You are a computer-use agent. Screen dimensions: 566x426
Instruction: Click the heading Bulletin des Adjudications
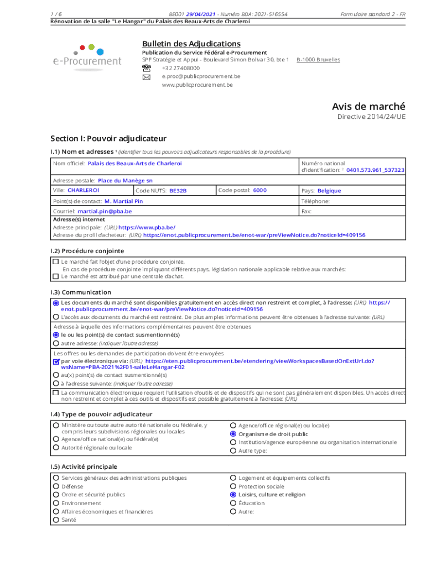191,44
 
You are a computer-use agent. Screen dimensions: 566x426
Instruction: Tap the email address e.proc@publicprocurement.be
201,76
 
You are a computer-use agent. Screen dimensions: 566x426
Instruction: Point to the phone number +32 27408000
181,68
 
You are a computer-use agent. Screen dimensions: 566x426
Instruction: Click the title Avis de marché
368,106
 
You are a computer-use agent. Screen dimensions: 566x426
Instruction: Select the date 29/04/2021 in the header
201,13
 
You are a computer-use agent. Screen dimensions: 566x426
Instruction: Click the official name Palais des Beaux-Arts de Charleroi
134,164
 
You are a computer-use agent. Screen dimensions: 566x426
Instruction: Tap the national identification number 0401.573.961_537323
375,170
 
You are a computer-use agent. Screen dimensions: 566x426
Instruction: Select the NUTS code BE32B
178,191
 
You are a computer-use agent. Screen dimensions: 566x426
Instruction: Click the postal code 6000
259,190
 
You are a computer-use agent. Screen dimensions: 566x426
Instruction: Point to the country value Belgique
329,191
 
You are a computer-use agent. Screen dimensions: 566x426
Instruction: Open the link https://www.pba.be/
147,227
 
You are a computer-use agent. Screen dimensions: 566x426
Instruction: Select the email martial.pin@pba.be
105,211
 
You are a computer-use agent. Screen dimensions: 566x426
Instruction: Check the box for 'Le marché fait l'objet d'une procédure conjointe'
55,262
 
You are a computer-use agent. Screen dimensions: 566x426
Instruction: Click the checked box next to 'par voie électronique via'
56,361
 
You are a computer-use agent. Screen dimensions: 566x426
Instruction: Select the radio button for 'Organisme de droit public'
233,434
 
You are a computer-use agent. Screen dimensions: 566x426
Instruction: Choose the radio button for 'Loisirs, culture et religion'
233,495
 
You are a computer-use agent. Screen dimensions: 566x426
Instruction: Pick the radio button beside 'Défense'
56,486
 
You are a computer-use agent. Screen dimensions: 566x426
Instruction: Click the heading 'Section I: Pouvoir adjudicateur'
108,138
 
